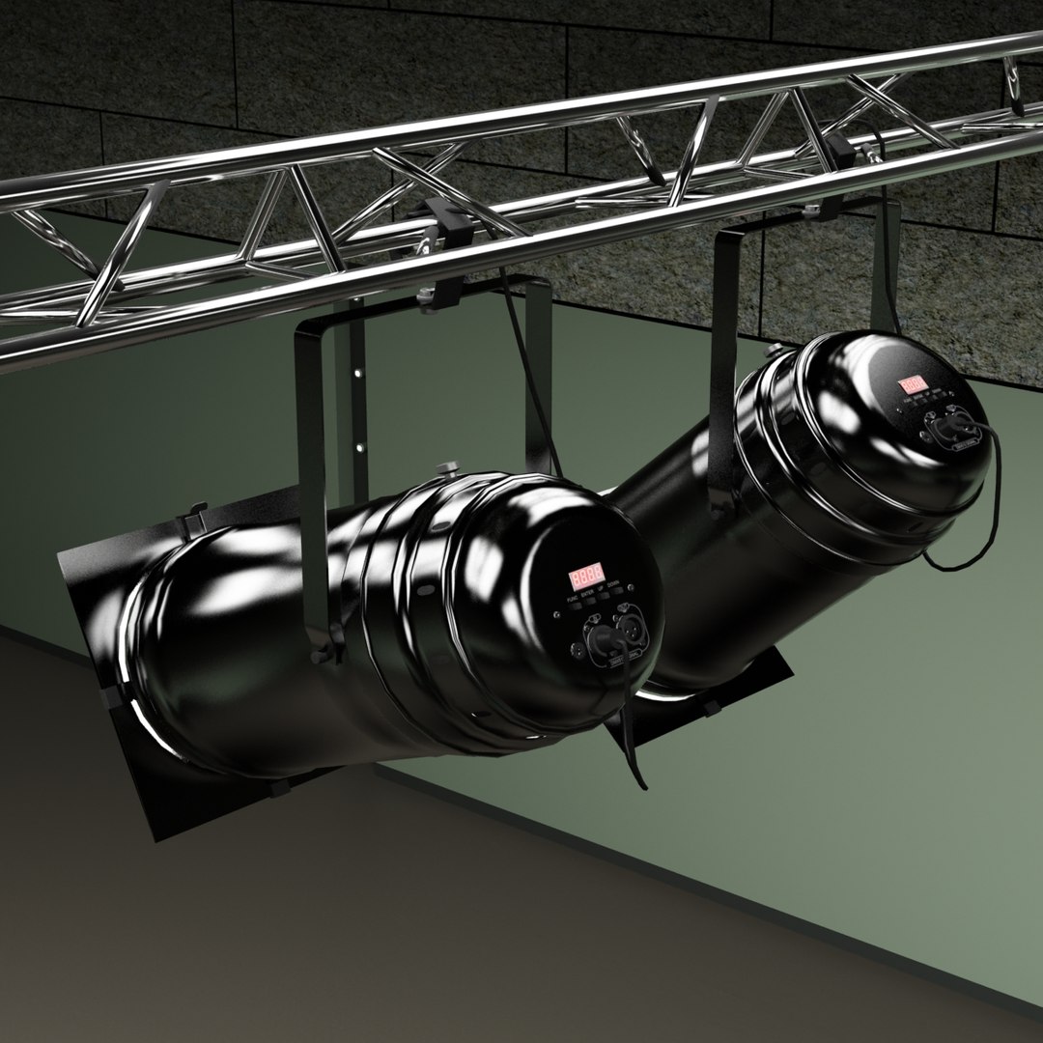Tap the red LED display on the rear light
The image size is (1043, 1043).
tap(914, 384)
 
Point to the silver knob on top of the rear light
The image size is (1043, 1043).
tap(775, 349)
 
